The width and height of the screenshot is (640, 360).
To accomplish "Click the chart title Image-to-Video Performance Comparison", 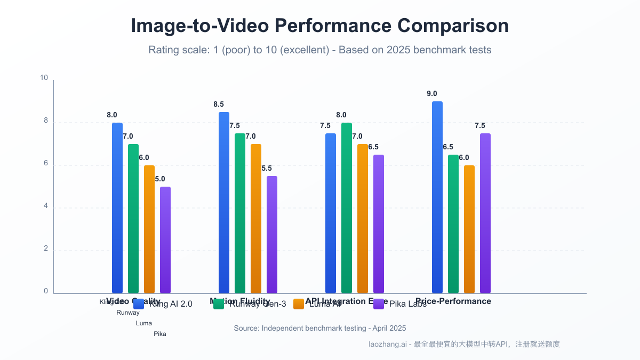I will (x=319, y=26).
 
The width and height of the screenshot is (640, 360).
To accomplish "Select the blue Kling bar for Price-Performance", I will (x=437, y=197).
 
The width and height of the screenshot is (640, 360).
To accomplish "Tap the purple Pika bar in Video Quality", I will (x=165, y=240).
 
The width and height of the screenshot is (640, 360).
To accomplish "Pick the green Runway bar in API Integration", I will (x=346, y=208).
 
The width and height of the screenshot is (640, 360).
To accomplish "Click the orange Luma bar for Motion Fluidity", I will (x=256, y=219).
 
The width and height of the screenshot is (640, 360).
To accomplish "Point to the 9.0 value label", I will (x=431, y=94).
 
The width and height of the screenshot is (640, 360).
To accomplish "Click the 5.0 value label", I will (x=160, y=179).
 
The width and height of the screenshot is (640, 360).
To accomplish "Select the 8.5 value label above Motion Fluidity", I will (x=219, y=105).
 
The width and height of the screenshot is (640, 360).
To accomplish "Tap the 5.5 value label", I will (x=267, y=169).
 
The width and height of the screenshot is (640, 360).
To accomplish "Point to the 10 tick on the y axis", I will (x=44, y=78).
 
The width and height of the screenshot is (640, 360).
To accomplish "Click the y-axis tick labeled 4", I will (x=46, y=206).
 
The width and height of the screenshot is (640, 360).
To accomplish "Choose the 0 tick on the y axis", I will (x=46, y=291).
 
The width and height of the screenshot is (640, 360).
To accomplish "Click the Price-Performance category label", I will (x=453, y=301).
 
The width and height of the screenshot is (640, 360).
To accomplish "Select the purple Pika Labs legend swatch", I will (x=379, y=304).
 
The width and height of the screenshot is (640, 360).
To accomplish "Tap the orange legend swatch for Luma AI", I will (x=299, y=304).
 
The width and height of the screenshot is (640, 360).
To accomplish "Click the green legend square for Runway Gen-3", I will (x=219, y=304).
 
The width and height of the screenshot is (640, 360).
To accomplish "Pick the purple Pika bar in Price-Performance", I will (x=485, y=213).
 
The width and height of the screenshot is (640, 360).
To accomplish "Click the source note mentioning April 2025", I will (x=319, y=329).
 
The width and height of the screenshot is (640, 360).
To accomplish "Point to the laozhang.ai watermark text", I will (x=464, y=345).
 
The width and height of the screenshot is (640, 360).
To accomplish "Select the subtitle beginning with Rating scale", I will (x=319, y=50).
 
